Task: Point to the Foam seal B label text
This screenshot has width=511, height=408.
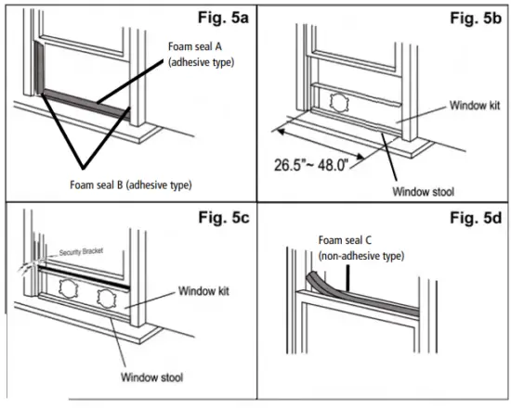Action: pyautogui.click(x=131, y=185)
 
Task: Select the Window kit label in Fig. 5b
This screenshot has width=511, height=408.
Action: pyautogui.click(x=475, y=107)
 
